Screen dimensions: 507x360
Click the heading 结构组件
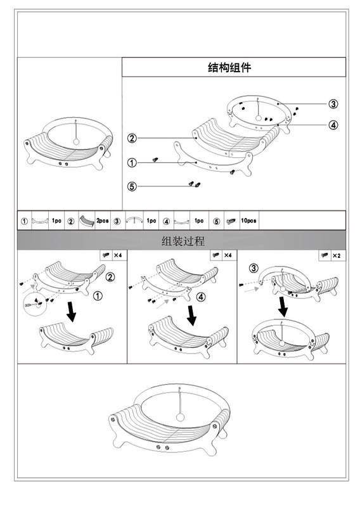click(229, 67)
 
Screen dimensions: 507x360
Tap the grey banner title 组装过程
click(183, 241)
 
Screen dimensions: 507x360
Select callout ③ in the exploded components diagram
click(333, 104)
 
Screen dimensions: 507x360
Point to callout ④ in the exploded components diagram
click(333, 124)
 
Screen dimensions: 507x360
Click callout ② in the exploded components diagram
click(132, 138)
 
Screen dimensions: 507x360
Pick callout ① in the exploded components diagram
click(132, 163)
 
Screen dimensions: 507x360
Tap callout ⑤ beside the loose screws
click(132, 186)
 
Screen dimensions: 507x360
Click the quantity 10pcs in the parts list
click(248, 221)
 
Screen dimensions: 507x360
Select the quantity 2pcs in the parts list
click(103, 221)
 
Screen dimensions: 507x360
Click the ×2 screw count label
click(337, 255)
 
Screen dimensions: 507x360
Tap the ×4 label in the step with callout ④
click(226, 255)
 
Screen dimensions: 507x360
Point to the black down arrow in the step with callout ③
click(283, 308)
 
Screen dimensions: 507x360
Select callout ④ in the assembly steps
click(201, 297)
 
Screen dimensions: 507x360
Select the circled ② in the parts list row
click(71, 221)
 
